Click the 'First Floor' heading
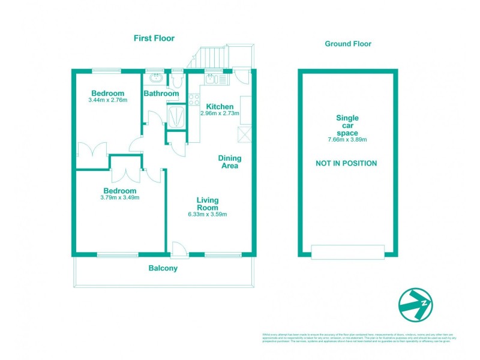tap(154, 38)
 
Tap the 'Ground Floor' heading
tap(348, 44)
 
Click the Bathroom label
tap(161, 94)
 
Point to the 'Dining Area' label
tap(229, 162)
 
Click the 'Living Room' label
tap(208, 203)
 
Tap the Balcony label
tap(163, 269)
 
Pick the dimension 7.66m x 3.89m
tap(347, 140)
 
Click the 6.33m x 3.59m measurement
tap(208, 214)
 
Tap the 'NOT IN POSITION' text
tap(347, 163)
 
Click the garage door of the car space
tap(347, 252)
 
